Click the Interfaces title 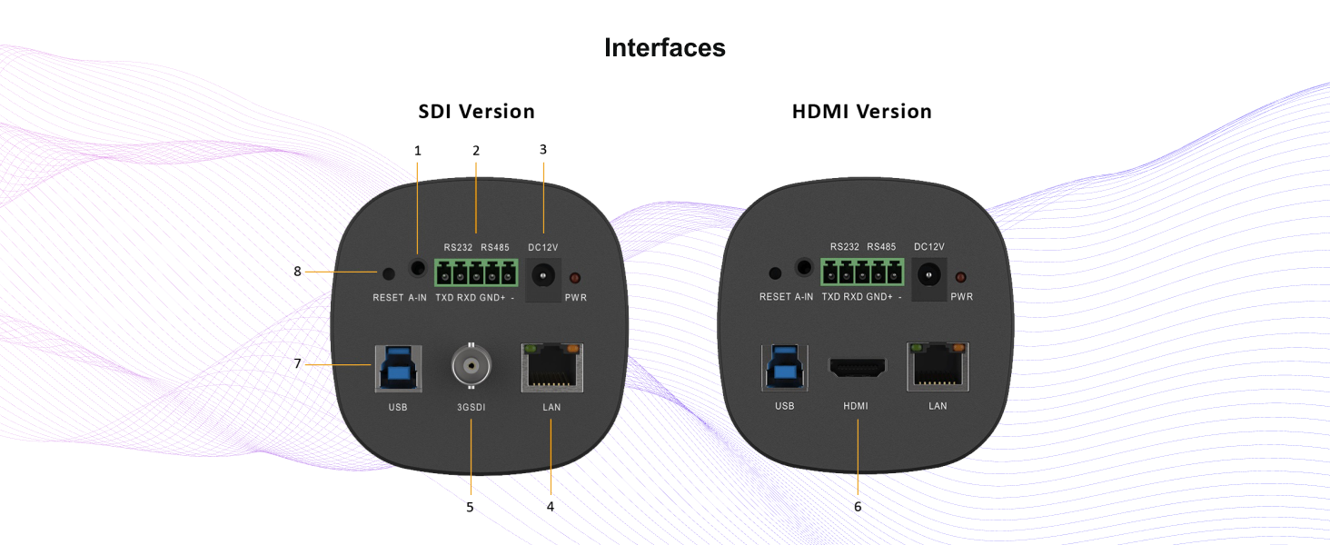coord(664,47)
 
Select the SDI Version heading coord(476,112)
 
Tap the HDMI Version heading coord(861,112)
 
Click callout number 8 coord(297,272)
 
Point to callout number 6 coord(858,507)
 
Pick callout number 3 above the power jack coord(542,150)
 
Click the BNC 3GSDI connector coord(471,365)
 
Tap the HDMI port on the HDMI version coord(858,368)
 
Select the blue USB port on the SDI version coord(399,369)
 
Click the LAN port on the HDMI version coord(938,367)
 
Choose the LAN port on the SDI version coord(551,368)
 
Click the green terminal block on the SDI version coord(476,272)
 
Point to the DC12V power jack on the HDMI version coord(928,275)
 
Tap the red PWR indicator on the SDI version coord(575,277)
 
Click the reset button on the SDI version coord(388,273)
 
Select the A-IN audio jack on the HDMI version coord(804,267)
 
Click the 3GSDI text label coord(471,407)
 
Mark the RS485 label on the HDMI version coord(881,246)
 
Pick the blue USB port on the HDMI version coord(784,368)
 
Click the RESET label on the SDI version coord(388,297)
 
